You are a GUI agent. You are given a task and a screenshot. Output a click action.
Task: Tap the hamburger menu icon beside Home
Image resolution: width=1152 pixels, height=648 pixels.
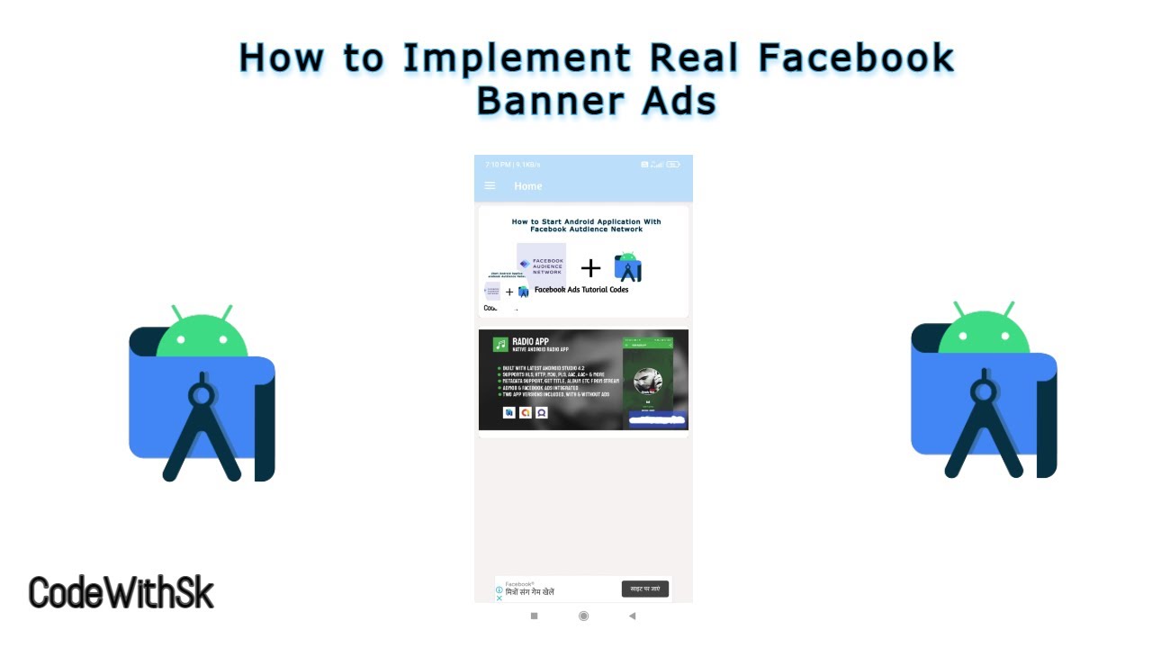pyautogui.click(x=490, y=186)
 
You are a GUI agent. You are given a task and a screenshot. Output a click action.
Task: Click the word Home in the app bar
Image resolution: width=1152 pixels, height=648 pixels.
pyautogui.click(x=528, y=186)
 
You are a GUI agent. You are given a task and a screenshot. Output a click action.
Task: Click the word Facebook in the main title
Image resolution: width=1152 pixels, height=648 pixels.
pyautogui.click(x=856, y=58)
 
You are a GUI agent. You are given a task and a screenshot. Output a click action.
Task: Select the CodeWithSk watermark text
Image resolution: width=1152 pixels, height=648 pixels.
pyautogui.click(x=121, y=594)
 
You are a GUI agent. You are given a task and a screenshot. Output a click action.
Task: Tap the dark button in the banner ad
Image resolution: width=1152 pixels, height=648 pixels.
pyautogui.click(x=645, y=589)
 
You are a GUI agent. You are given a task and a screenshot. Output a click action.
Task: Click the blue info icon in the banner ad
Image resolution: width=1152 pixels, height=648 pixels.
pyautogui.click(x=499, y=590)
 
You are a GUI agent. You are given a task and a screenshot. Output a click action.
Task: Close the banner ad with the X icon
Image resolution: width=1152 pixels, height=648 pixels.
pyautogui.click(x=499, y=598)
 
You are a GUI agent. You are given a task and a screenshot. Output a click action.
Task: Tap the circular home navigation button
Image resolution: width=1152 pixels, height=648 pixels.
pyautogui.click(x=583, y=616)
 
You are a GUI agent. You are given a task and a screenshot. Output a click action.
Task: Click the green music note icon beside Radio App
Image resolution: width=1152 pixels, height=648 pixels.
pyautogui.click(x=500, y=345)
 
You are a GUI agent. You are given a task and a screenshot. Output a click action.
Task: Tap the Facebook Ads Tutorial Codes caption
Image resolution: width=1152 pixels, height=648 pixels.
pyautogui.click(x=581, y=290)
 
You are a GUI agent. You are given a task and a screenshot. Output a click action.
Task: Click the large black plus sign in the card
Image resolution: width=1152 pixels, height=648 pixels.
pyautogui.click(x=590, y=267)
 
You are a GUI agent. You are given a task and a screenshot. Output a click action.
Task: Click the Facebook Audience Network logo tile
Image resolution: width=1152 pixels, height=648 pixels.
pyautogui.click(x=541, y=265)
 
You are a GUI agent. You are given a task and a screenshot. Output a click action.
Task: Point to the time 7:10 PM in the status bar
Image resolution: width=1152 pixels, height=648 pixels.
pyautogui.click(x=498, y=165)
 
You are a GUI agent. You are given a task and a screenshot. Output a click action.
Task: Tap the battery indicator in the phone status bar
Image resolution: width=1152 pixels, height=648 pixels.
pyautogui.click(x=674, y=165)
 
